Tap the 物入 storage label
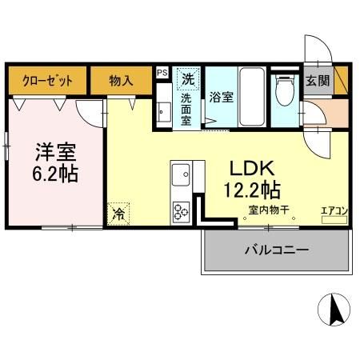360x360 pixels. click(122, 81)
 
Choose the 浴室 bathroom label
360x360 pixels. click(221, 98)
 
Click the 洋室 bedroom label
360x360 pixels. click(54, 150)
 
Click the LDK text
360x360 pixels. click(253, 169)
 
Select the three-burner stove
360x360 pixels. click(180, 210)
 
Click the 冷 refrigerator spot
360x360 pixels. click(119, 214)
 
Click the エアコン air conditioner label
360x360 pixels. click(333, 210)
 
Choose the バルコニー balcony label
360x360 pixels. click(276, 250)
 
